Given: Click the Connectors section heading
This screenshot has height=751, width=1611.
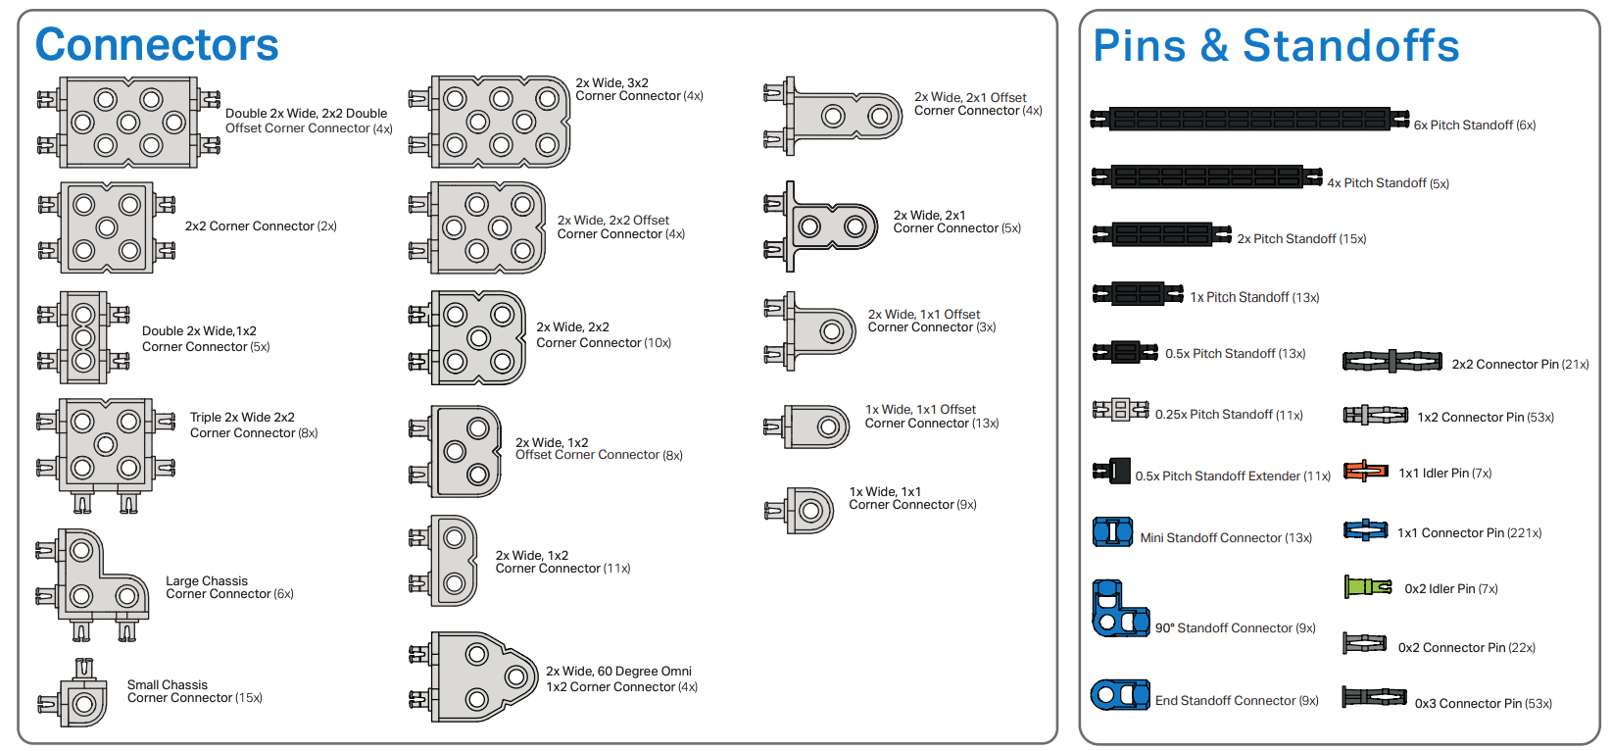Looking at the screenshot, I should pyautogui.click(x=157, y=45).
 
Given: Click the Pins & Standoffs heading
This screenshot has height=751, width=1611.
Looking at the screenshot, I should pyautogui.click(x=1275, y=46).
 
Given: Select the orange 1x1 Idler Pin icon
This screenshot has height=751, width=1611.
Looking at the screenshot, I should pyautogui.click(x=1365, y=472).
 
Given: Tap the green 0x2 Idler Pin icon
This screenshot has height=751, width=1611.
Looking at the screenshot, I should pyautogui.click(x=1367, y=587).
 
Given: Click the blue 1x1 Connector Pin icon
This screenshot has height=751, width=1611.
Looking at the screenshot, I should pyautogui.click(x=1365, y=530).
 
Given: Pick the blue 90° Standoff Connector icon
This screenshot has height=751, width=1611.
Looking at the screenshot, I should pyautogui.click(x=1118, y=610).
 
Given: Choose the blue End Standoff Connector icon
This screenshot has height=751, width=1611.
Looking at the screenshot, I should pyautogui.click(x=1120, y=695).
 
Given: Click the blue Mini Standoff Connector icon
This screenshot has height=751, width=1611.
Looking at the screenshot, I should pyautogui.click(x=1112, y=532).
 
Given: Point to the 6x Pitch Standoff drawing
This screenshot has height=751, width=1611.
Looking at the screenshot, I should pyautogui.click(x=1249, y=120).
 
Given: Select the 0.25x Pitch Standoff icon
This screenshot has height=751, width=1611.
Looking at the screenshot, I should pyautogui.click(x=1120, y=410).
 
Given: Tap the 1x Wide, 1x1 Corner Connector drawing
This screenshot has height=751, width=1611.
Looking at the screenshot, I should pyautogui.click(x=802, y=510).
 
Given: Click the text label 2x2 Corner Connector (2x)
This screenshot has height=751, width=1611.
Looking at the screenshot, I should pyautogui.click(x=261, y=226).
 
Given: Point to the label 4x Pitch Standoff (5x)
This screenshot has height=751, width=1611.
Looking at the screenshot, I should pyautogui.click(x=1388, y=183).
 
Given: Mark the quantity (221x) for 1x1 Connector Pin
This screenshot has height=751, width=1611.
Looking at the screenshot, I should pyautogui.click(x=1524, y=533).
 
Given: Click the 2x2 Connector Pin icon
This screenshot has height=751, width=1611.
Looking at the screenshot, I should pyautogui.click(x=1391, y=362).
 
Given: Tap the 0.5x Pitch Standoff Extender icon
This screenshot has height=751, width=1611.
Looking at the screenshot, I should pyautogui.click(x=1112, y=472).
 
